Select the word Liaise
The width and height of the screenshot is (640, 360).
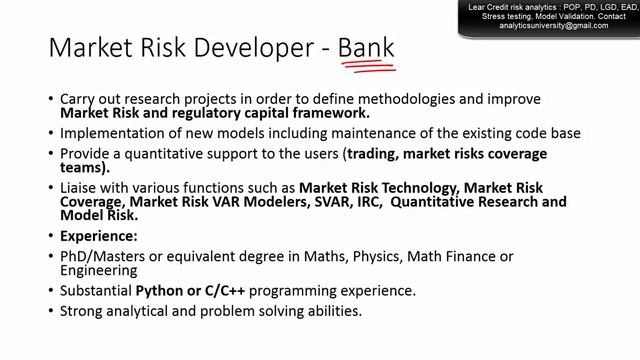82,187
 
